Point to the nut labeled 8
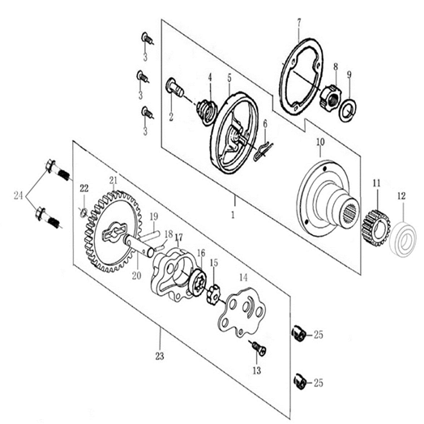[x=332, y=98]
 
